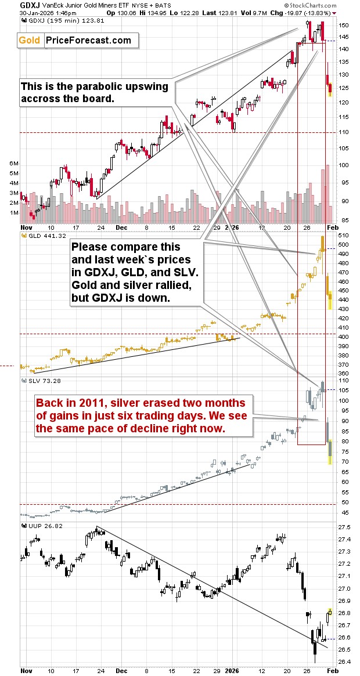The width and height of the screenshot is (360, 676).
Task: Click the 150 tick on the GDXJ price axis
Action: tap(344, 26)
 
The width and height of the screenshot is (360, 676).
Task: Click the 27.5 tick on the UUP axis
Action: tap(345, 527)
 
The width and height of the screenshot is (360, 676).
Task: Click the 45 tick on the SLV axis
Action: tap(344, 513)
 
